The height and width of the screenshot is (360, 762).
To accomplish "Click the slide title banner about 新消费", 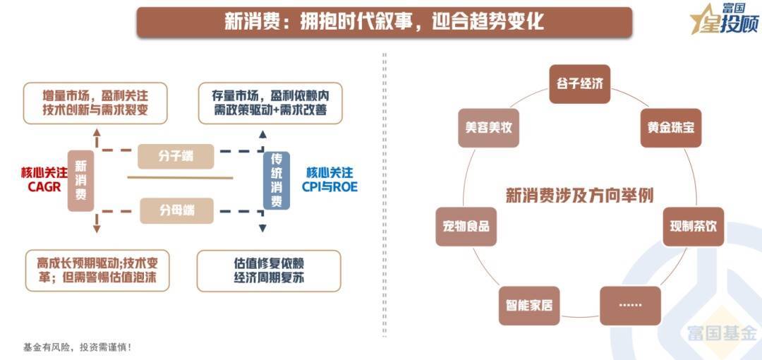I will coord(384,22).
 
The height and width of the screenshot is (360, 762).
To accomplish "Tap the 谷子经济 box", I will coord(579,84).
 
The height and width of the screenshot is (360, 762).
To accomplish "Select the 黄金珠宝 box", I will coord(670,128).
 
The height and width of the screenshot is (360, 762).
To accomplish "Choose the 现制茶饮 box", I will coord(693,226).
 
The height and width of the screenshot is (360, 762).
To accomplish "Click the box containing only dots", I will coord(630,305).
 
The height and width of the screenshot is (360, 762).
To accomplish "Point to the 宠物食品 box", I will coord(466,226).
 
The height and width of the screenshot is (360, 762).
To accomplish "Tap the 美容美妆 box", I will coord(488,128).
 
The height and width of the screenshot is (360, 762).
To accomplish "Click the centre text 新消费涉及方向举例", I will coord(579,195).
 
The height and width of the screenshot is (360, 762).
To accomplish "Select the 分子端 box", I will coord(176,156).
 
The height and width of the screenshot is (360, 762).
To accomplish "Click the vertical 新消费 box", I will coord(80,181).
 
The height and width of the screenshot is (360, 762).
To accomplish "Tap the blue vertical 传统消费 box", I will coord(277,181).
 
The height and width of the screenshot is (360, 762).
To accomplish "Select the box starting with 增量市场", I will coord(95,103).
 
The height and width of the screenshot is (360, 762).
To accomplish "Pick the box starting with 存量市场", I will coord(270,103).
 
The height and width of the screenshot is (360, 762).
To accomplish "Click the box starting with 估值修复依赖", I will coord(269,270).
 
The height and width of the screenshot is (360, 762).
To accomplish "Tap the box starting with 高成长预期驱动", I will coord(98,270).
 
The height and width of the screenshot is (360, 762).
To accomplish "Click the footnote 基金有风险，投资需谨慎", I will coord(78,347).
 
